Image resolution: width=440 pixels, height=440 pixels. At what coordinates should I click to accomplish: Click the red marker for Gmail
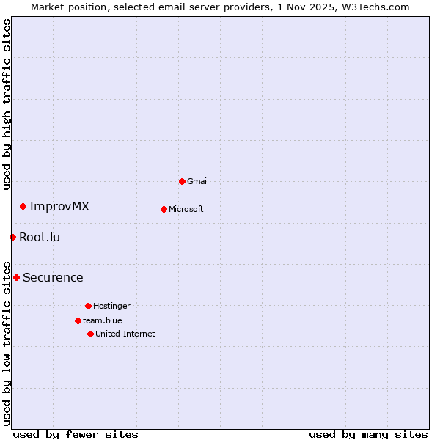tap(182, 181)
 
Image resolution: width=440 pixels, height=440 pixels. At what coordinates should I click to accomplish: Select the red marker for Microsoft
tap(164, 209)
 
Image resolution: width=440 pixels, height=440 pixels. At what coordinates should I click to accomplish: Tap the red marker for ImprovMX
tap(23, 206)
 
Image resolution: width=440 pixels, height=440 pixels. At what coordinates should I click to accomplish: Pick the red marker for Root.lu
tap(12, 237)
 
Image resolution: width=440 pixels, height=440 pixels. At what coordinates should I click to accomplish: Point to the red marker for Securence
tap(16, 277)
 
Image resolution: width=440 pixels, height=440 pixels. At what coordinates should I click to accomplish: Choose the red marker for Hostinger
tap(88, 306)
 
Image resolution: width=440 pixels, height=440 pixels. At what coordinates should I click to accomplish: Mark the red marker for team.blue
tap(78, 320)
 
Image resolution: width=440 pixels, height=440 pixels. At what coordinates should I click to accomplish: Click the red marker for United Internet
tap(90, 334)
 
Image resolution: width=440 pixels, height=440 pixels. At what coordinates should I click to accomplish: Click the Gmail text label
tap(198, 181)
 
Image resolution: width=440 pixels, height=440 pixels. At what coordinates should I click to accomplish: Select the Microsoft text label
tap(186, 209)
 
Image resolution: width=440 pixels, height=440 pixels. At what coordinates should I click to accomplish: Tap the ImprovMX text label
tap(59, 206)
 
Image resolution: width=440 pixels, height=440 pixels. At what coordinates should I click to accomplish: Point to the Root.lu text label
tap(40, 237)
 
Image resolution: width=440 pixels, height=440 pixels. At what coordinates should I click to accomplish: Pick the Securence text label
tap(53, 277)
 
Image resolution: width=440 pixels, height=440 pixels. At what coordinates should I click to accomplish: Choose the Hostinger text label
tap(111, 306)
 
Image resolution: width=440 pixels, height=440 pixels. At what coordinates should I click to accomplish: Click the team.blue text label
tap(103, 320)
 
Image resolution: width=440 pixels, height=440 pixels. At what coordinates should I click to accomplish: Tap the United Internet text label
tap(125, 334)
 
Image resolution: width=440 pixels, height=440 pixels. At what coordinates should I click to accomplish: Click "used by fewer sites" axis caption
tap(76, 434)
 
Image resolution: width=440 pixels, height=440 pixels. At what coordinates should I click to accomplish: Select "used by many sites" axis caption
tap(368, 434)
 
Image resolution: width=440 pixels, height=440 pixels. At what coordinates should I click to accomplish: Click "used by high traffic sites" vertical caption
tap(7, 104)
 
